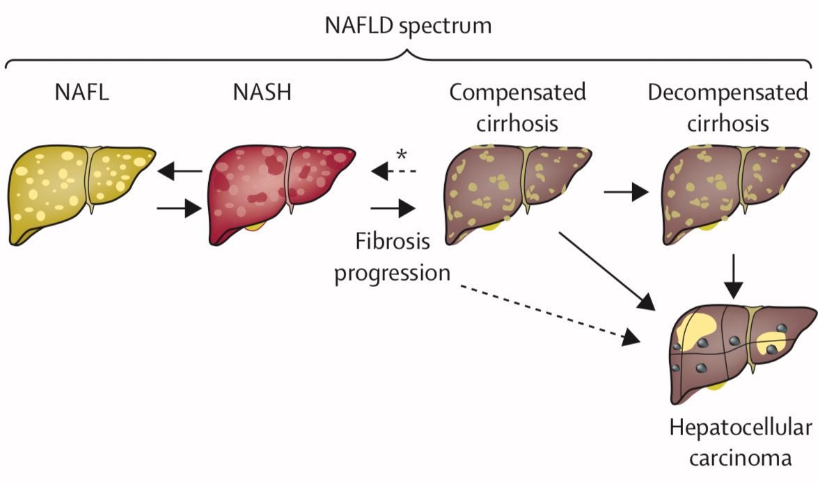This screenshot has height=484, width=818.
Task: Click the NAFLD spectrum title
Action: click(409, 26)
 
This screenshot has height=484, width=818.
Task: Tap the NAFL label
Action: click(82, 93)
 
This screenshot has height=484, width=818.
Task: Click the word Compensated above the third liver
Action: click(517, 93)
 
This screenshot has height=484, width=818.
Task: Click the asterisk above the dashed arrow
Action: click(402, 155)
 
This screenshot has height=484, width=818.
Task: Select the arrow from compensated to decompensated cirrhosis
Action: click(625, 193)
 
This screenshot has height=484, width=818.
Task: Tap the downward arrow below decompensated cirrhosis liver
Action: click(733, 276)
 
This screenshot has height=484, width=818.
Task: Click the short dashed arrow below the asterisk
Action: click(394, 171)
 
